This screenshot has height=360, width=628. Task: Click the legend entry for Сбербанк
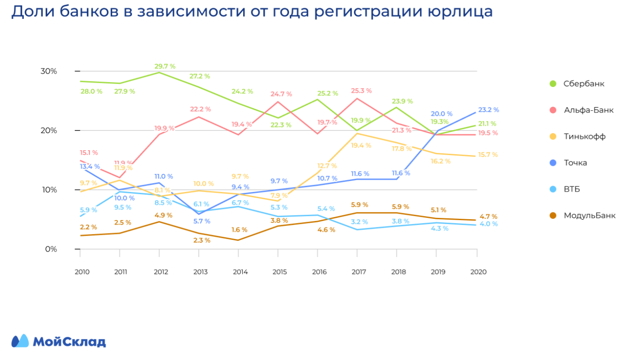point(584,84)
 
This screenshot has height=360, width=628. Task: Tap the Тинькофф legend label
point(584,136)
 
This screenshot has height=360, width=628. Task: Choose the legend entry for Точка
point(575,163)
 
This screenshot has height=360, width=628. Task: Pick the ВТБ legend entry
point(571,189)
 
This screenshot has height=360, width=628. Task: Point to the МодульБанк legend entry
point(589,216)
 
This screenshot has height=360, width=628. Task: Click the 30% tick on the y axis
point(49,71)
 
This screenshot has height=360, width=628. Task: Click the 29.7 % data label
point(165,66)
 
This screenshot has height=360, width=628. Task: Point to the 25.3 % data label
point(361,91)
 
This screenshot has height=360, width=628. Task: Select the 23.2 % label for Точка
point(488,110)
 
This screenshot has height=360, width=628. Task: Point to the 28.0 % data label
point(91,91)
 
